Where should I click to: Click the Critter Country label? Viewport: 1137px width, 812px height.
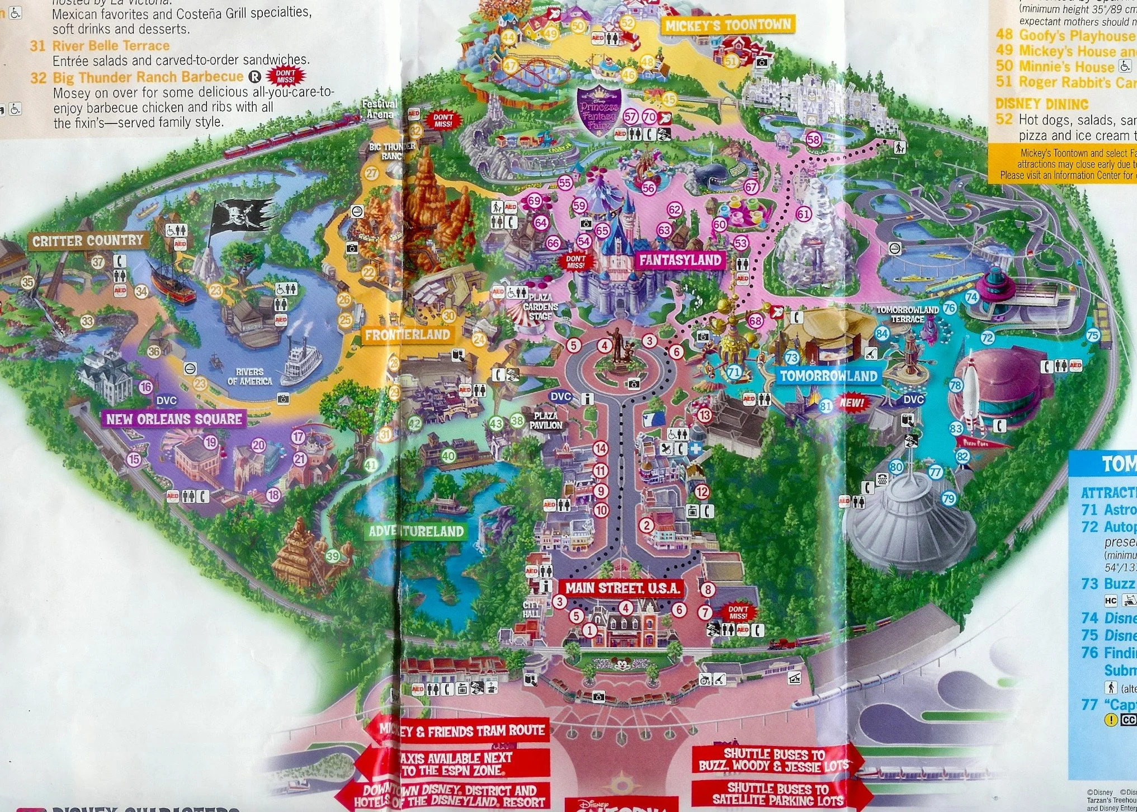[88, 241]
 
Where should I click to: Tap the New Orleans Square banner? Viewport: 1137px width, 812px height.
[174, 419]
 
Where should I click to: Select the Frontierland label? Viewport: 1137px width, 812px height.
[407, 335]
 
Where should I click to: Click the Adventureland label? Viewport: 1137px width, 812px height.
[416, 531]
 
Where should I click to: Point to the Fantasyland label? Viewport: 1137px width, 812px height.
[680, 260]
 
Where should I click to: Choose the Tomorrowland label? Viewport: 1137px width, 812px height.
[828, 376]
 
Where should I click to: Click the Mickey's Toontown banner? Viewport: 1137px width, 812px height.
[728, 25]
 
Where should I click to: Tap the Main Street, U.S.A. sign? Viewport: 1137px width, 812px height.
[622, 588]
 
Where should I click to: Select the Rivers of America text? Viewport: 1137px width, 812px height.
[249, 376]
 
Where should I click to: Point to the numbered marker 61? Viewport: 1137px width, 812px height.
[803, 214]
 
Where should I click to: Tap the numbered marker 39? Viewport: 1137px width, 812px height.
[333, 556]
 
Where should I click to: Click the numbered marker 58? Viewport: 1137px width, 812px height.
[813, 140]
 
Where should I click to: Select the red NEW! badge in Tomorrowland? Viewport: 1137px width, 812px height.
[852, 403]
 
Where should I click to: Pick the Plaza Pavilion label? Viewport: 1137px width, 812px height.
[546, 421]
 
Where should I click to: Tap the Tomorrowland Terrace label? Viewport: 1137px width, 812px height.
[907, 314]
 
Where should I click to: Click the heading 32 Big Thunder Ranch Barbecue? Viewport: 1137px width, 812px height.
[137, 77]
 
